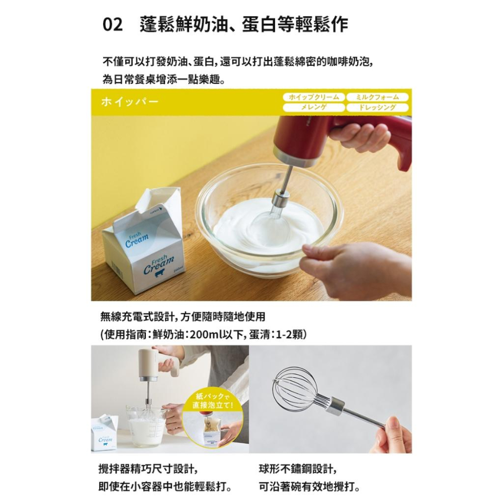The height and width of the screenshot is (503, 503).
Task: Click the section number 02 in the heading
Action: pyautogui.click(x=112, y=25)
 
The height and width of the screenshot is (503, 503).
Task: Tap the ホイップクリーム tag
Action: pyautogui.click(x=313, y=97)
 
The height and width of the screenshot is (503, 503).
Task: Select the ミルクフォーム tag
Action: pyautogui.click(x=377, y=97)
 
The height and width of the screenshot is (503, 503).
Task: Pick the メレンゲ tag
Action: pyautogui.click(x=313, y=108)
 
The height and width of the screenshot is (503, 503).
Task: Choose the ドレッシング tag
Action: pyautogui.click(x=377, y=108)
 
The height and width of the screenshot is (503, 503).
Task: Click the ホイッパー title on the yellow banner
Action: pyautogui.click(x=129, y=102)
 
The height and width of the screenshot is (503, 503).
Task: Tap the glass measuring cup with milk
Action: pyautogui.click(x=146, y=425)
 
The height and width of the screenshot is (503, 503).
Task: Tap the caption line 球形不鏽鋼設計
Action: pyautogui.click(x=297, y=469)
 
